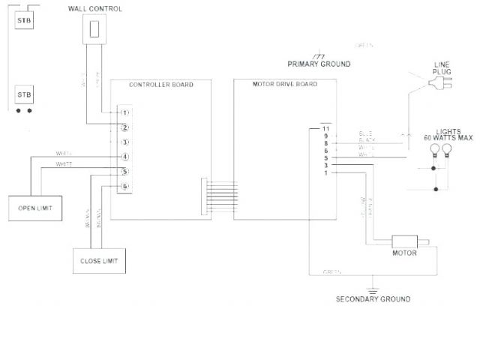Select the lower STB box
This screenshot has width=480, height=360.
click(x=25, y=95)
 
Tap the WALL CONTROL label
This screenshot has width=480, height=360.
click(x=95, y=8)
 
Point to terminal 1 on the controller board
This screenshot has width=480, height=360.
click(x=124, y=112)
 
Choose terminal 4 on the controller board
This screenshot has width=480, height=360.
click(x=124, y=157)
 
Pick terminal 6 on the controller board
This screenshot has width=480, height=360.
click(x=124, y=186)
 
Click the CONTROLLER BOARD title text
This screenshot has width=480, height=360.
click(x=160, y=85)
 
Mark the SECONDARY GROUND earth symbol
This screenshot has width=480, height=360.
click(x=370, y=288)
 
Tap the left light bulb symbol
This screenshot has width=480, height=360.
click(x=434, y=148)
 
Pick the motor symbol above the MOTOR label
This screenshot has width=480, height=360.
click(x=408, y=242)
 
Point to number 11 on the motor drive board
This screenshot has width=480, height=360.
click(x=325, y=129)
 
